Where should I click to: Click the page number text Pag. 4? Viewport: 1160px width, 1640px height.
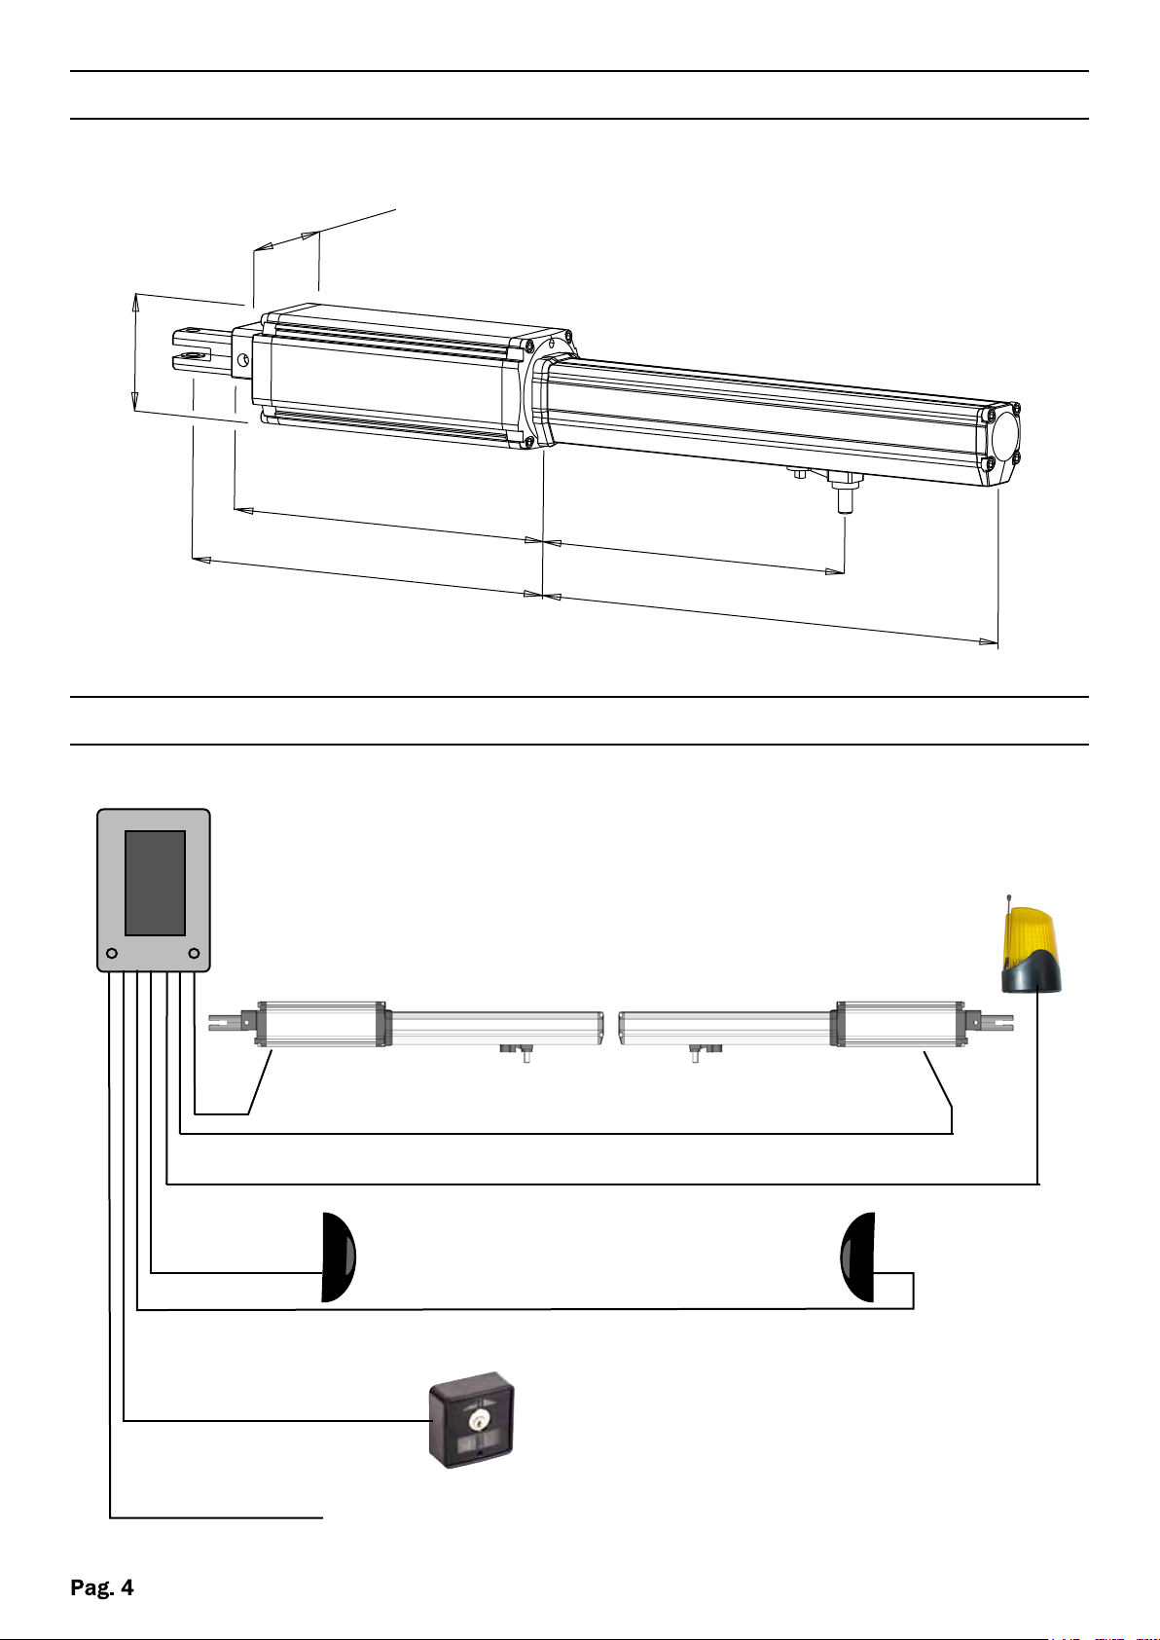[102, 1587]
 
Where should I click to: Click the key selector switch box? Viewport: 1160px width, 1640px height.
[472, 1420]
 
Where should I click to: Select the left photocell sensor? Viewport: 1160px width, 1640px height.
[338, 1257]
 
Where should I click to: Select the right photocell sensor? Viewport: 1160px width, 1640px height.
[857, 1257]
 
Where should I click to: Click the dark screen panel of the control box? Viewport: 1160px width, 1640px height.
[155, 883]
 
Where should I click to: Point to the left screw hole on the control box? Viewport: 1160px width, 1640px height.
[112, 953]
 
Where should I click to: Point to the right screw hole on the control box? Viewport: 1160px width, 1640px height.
[194, 953]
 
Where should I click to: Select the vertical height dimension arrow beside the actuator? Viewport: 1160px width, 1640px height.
[135, 352]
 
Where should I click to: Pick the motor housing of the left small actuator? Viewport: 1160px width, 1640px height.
[320, 1024]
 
